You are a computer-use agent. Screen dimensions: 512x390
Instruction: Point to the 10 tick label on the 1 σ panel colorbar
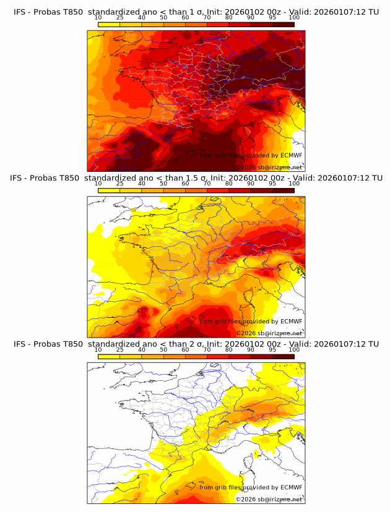98,18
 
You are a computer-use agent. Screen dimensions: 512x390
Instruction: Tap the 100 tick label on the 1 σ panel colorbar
294,18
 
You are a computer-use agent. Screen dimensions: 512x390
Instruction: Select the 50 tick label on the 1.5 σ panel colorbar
163,184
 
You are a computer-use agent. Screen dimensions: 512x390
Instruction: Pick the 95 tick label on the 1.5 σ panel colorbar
272,184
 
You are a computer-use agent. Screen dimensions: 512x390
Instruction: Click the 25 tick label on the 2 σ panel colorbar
120,349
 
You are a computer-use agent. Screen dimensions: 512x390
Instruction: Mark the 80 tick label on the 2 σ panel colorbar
229,349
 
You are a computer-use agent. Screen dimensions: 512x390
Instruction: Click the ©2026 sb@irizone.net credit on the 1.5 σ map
269,333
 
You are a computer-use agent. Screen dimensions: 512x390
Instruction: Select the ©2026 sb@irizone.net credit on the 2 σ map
269,499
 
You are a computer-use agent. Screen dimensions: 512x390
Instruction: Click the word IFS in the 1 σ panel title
20,12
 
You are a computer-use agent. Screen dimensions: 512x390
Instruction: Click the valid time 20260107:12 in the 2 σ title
343,343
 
